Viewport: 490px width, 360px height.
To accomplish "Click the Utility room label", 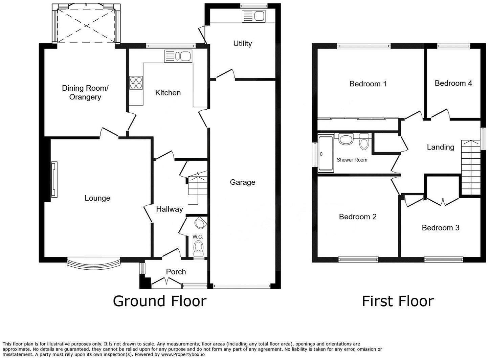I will pyautogui.click(x=242, y=43).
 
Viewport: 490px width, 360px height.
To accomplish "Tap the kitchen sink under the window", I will pyautogui.click(x=178, y=56).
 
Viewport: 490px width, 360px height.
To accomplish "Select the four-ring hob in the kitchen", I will pyautogui.click(x=136, y=83).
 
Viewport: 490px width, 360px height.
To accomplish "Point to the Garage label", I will pyautogui.click(x=242, y=182).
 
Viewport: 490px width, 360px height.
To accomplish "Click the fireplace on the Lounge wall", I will pyautogui.click(x=54, y=179).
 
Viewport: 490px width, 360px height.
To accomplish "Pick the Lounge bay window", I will pyautogui.click(x=93, y=264).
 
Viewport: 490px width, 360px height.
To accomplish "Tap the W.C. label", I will pyautogui.click(x=198, y=237).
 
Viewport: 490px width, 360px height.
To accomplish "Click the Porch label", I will pyautogui.click(x=176, y=272).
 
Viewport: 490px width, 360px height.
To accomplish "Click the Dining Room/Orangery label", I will pyautogui.click(x=85, y=92).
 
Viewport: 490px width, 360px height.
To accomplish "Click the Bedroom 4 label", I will pyautogui.click(x=453, y=83).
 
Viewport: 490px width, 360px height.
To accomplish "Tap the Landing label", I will pyautogui.click(x=440, y=147).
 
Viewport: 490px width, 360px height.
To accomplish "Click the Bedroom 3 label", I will pyautogui.click(x=440, y=228).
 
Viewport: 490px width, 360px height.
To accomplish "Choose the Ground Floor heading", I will pyautogui.click(x=159, y=301).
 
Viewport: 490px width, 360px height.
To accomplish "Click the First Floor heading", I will pyautogui.click(x=398, y=301).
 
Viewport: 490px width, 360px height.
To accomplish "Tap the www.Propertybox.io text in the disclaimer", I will pyautogui.click(x=183, y=355).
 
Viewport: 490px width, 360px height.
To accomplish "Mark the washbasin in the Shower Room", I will pyautogui.click(x=346, y=139).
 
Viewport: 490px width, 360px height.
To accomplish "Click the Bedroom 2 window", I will pyautogui.click(x=358, y=260).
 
